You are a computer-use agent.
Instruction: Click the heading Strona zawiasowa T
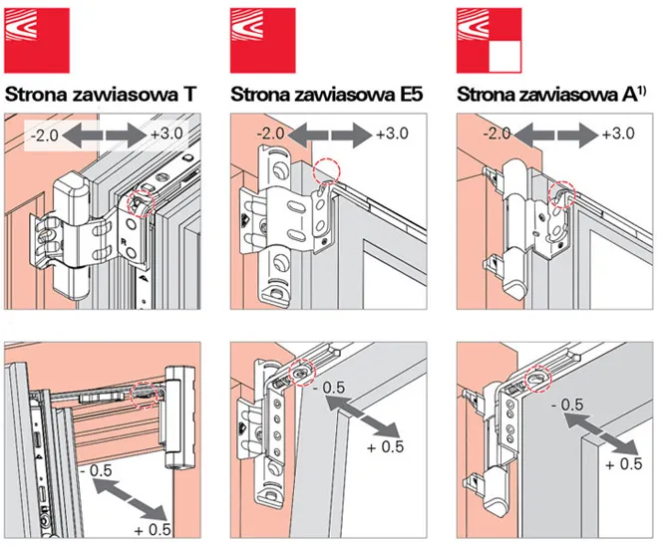click(x=101, y=96)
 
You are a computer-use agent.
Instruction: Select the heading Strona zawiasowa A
click(x=547, y=96)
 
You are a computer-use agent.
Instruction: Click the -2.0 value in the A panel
click(x=498, y=133)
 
